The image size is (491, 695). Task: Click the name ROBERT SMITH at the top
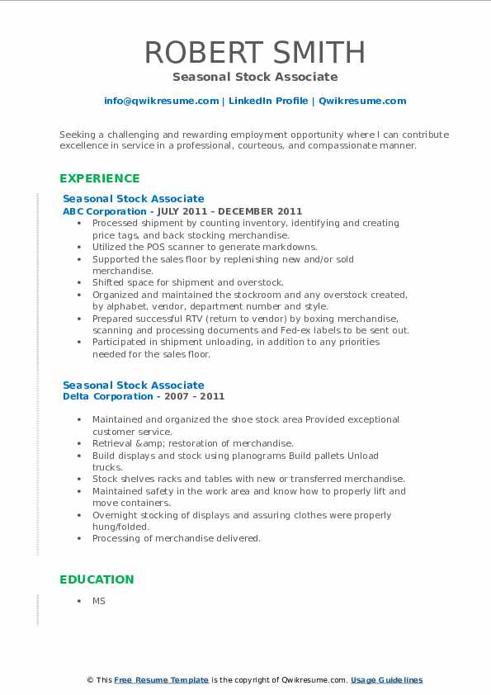click(255, 52)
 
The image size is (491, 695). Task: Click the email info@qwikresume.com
click(161, 101)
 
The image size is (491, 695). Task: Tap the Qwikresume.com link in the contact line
click(362, 101)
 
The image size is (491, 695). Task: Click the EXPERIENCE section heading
click(100, 178)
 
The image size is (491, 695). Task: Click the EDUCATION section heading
click(97, 579)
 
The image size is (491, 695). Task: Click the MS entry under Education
click(99, 601)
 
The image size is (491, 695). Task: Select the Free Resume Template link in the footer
click(162, 680)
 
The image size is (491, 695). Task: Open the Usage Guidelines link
click(386, 680)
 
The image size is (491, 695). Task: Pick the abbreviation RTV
click(186, 319)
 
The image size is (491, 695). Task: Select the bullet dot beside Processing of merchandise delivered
click(78, 538)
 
